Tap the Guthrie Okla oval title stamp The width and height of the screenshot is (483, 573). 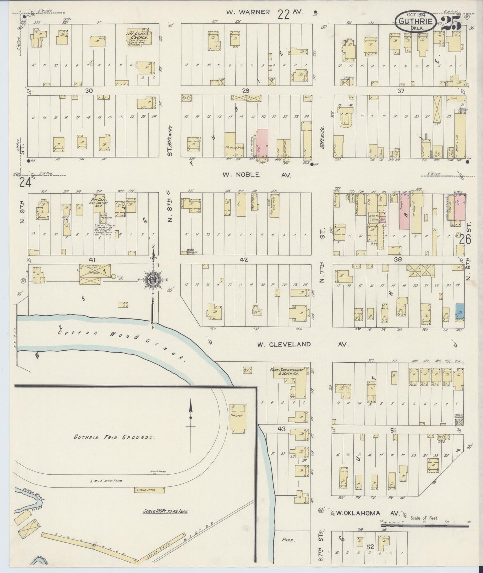pyautogui.click(x=415, y=22)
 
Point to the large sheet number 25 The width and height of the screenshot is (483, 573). pyautogui.click(x=451, y=23)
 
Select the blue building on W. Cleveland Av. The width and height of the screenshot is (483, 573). pyautogui.click(x=460, y=311)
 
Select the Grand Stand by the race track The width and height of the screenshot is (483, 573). pyautogui.click(x=149, y=490)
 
